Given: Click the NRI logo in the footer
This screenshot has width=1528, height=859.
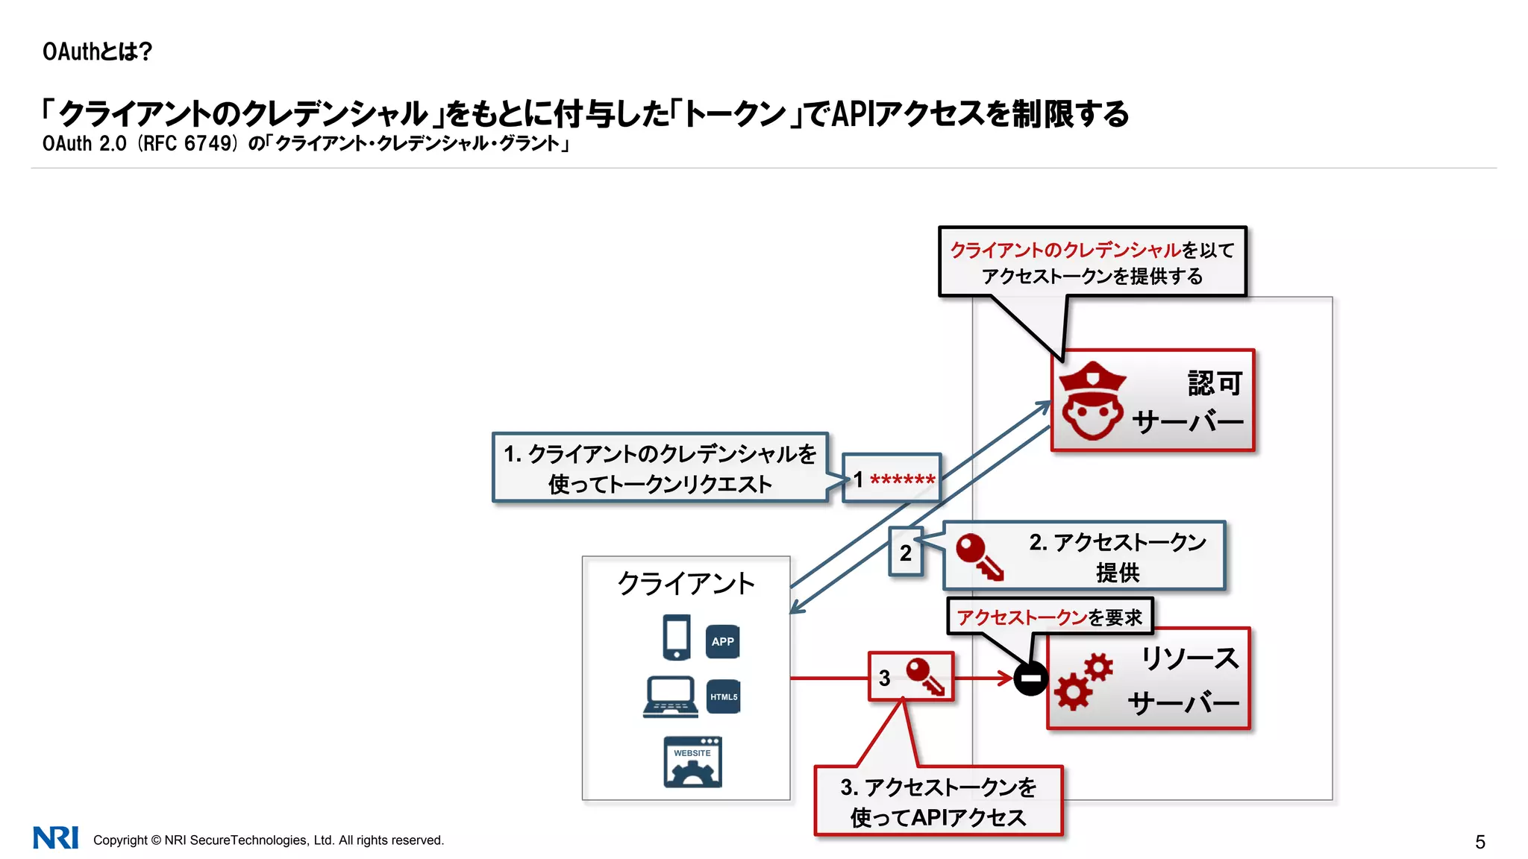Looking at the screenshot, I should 56,838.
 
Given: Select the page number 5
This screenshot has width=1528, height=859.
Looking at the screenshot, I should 1480,842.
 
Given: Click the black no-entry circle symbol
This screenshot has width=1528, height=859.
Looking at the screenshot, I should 1031,679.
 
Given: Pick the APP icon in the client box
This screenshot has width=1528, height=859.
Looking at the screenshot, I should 722,641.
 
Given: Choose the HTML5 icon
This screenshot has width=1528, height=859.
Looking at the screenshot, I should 723,696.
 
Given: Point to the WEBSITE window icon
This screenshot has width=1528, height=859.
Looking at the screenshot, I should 692,762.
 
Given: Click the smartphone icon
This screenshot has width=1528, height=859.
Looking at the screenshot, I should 677,637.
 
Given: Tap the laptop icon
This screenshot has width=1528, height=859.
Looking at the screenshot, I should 671,697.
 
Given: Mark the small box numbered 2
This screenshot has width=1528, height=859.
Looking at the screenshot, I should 905,553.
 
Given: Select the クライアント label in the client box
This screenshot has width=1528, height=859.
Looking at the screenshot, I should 686,583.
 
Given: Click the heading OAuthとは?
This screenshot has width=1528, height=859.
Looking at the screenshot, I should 97,51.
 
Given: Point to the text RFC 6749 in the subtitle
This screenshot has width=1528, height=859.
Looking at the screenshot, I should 188,143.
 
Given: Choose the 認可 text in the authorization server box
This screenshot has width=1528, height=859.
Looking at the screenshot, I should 1215,383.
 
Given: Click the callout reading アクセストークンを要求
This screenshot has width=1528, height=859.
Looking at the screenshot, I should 1050,617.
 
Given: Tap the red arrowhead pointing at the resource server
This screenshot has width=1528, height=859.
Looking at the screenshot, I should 1004,679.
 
